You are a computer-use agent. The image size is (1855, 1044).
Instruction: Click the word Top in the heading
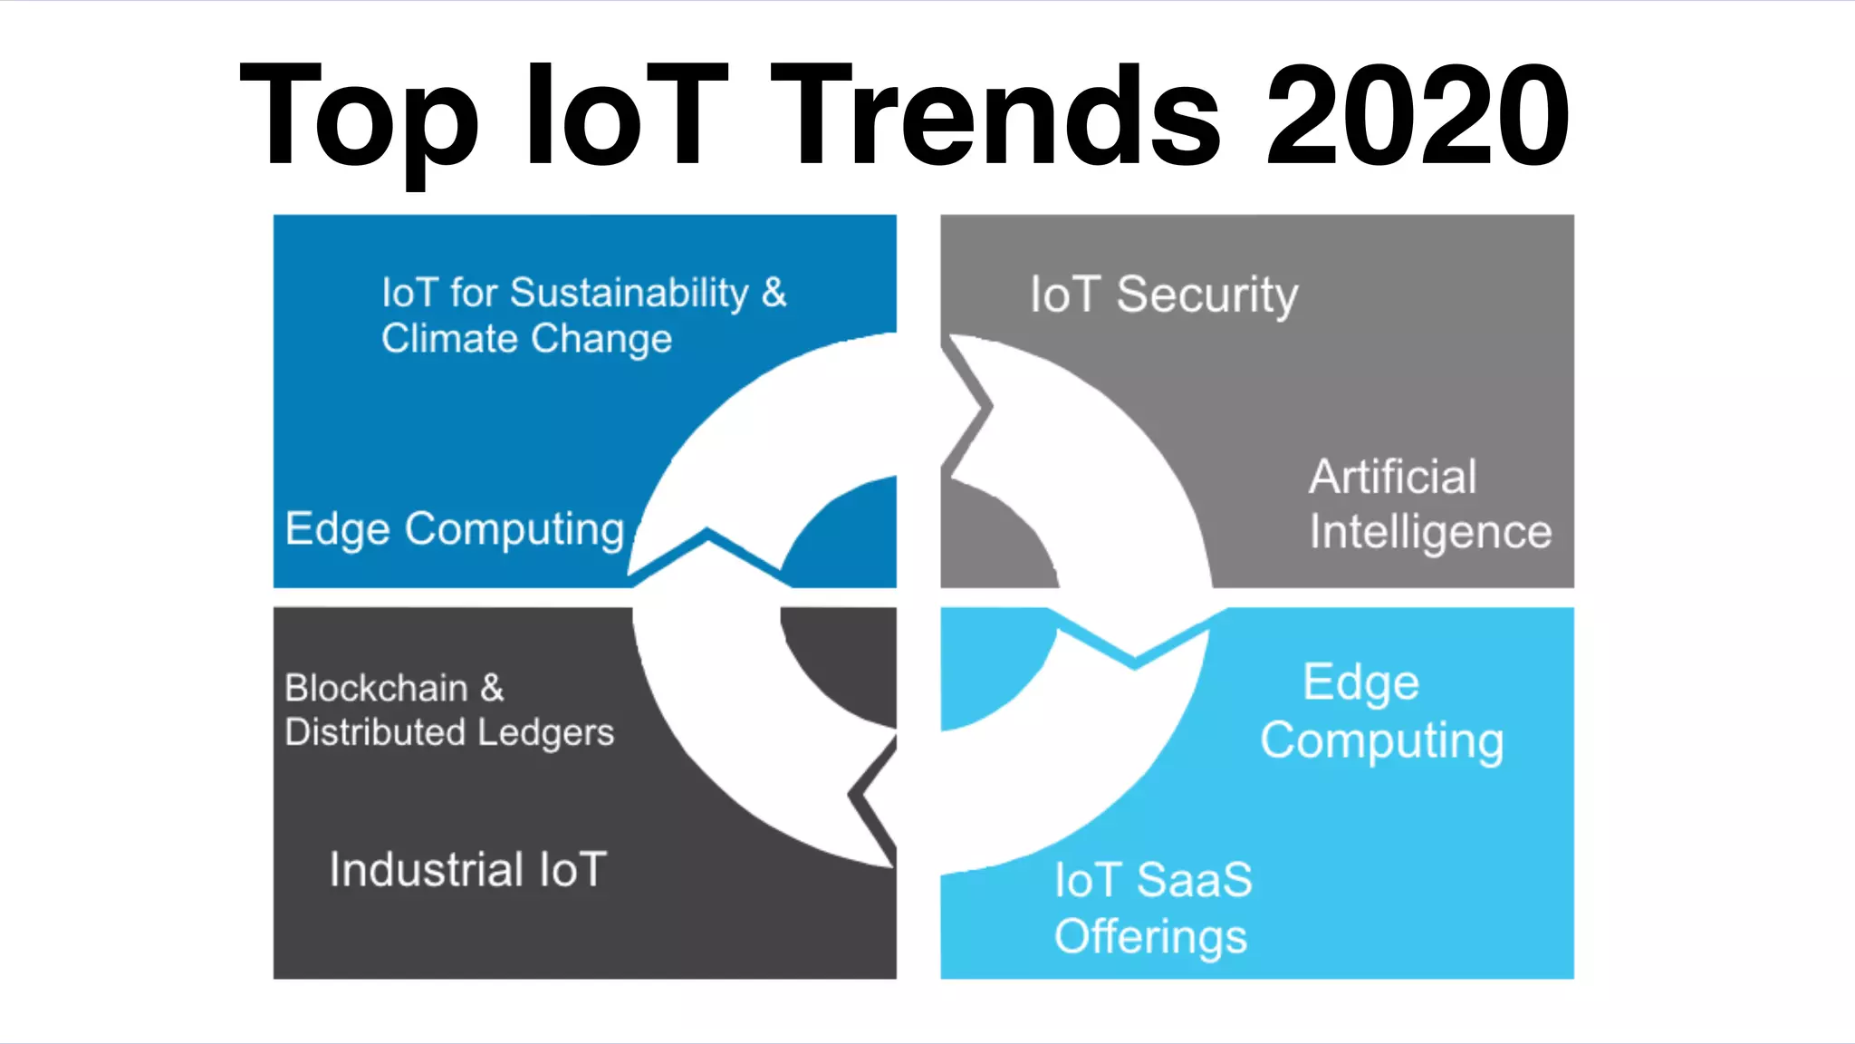point(358,118)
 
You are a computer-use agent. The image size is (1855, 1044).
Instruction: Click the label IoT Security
point(1164,295)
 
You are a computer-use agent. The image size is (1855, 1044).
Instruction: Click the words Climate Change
point(526,339)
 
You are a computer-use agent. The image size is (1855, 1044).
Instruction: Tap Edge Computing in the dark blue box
point(455,529)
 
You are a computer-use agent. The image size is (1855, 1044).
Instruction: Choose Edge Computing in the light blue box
point(1381,711)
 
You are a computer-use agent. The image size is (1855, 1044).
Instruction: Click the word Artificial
point(1392,477)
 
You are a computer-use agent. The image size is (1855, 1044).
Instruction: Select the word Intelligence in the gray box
point(1430,532)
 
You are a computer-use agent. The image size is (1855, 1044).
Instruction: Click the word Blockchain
point(376,689)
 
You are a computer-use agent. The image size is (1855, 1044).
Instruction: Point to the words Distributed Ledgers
point(449,732)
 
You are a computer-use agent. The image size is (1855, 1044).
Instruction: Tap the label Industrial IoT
point(467,870)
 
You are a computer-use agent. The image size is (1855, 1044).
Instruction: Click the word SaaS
point(1194,880)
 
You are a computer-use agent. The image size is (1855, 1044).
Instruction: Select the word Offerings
point(1150,937)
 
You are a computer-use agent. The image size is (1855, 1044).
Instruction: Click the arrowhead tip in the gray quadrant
point(991,407)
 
